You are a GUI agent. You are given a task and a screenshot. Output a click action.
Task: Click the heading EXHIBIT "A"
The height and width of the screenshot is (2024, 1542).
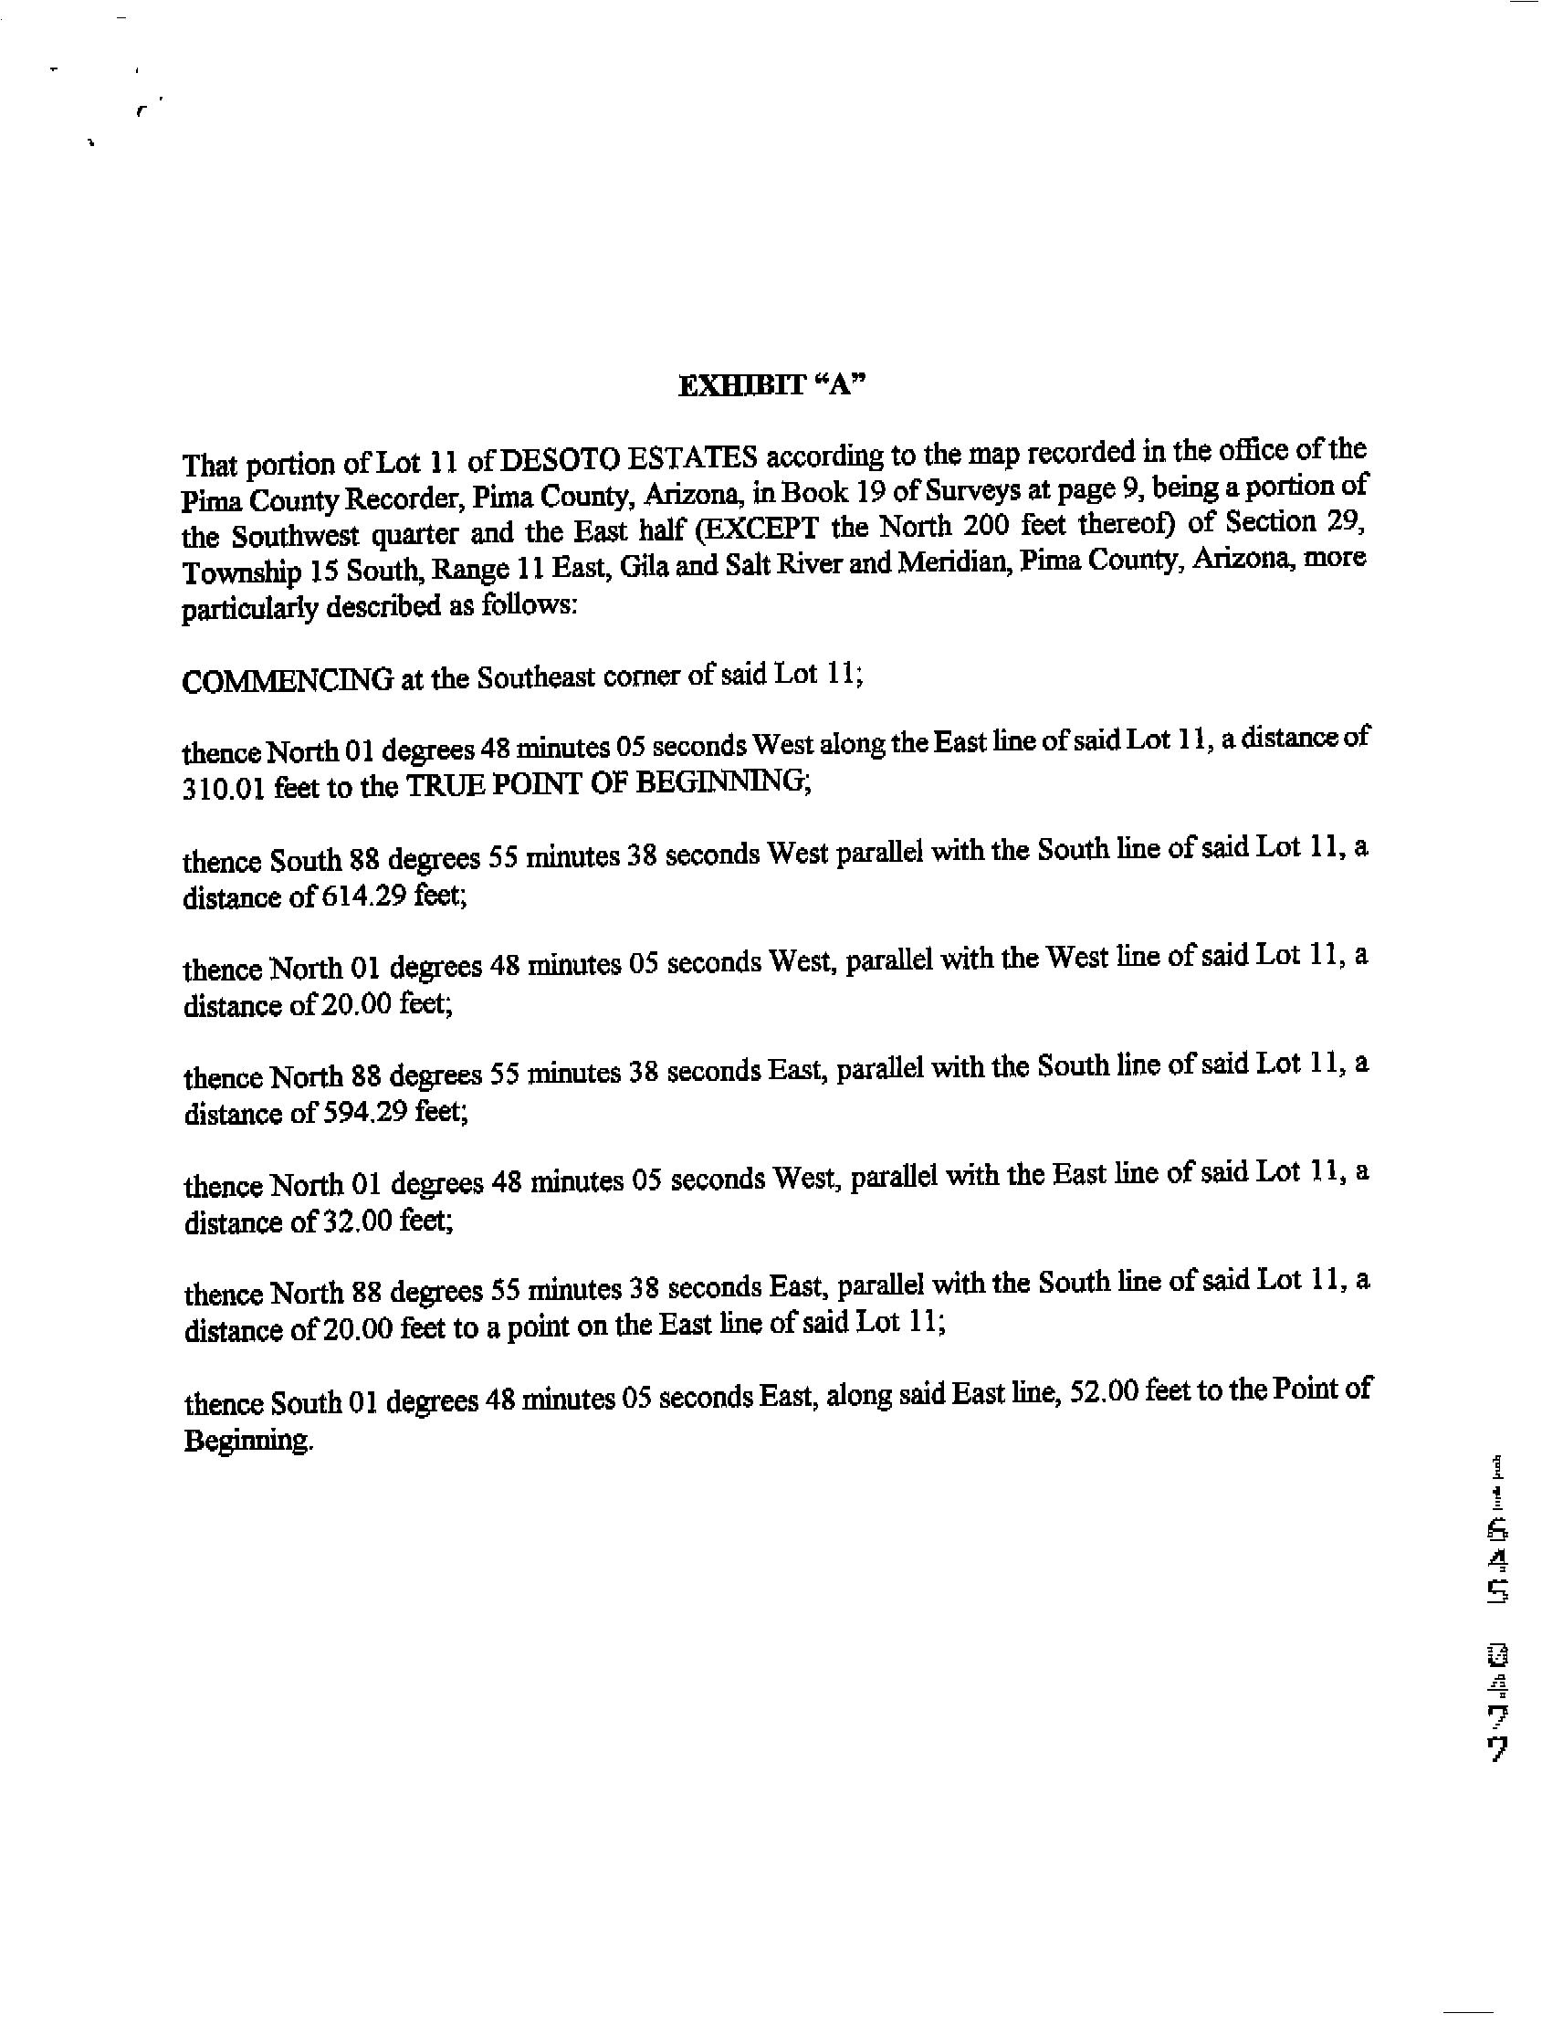(771, 384)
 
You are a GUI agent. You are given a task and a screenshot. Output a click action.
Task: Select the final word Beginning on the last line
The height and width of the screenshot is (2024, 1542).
(247, 1440)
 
